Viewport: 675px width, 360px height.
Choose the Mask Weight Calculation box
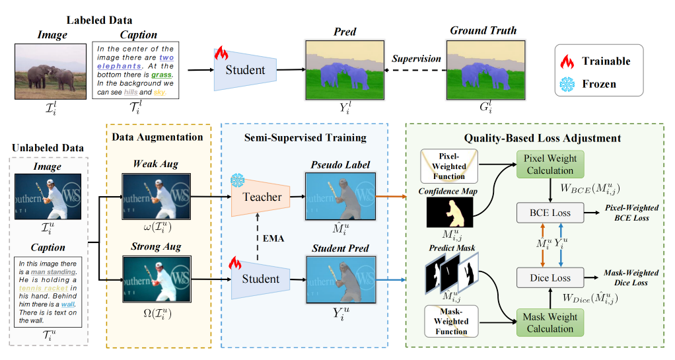tap(550, 322)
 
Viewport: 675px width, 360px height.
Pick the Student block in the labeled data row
tap(246, 69)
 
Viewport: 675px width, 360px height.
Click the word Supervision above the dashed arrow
tap(416, 58)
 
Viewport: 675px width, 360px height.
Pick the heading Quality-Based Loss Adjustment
tap(542, 138)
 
